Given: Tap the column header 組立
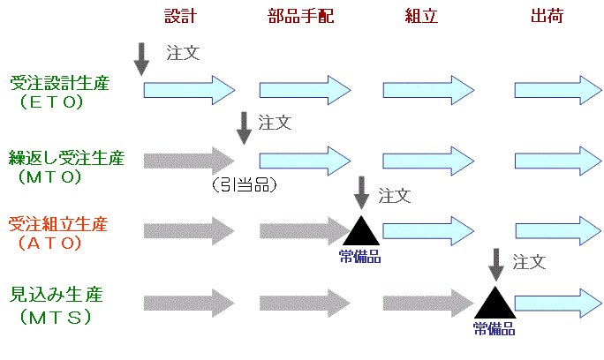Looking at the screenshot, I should [422, 17].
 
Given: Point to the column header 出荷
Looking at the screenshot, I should [549, 17].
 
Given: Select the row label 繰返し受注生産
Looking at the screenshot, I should [67, 159].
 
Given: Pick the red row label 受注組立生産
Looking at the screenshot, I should [57, 224].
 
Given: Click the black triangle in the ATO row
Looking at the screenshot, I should [359, 232].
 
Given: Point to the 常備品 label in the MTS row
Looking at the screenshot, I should [492, 331].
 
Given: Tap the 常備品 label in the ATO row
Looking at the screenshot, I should [359, 257].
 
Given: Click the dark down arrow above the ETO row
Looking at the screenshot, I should [142, 57].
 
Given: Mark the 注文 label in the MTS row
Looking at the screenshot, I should [529, 261].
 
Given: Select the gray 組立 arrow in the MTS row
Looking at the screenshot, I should [426, 303].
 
